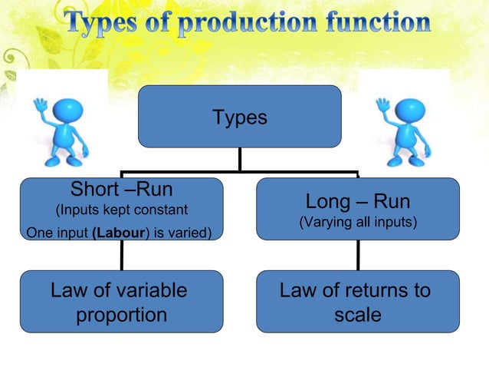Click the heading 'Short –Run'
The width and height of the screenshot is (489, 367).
121,190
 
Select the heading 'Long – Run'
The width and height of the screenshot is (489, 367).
357,202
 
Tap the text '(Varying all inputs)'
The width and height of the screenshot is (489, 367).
357,223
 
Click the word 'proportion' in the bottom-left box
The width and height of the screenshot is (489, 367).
121,315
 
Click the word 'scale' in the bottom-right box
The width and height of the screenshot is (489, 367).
357,315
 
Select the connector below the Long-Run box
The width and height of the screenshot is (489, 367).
357,257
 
